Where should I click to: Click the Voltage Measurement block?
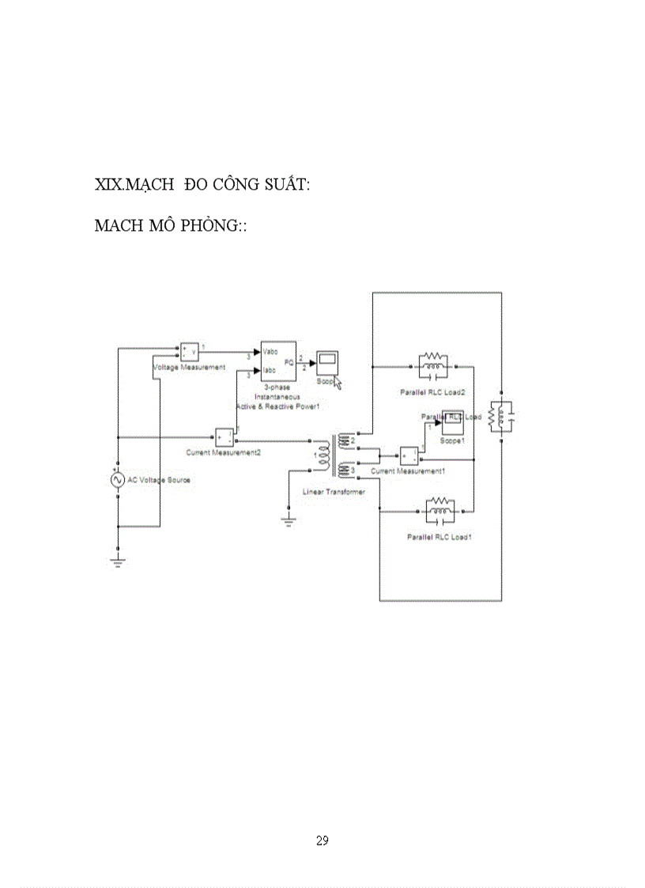(190, 351)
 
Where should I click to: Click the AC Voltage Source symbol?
(118, 480)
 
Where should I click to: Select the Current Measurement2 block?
(224, 437)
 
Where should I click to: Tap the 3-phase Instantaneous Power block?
(278, 361)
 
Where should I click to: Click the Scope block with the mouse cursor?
(326, 363)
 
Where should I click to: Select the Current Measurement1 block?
(409, 456)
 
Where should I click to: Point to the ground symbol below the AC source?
(118, 562)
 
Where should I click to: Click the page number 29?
(322, 841)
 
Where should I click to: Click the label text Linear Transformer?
(334, 492)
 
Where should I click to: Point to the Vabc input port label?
(270, 350)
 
